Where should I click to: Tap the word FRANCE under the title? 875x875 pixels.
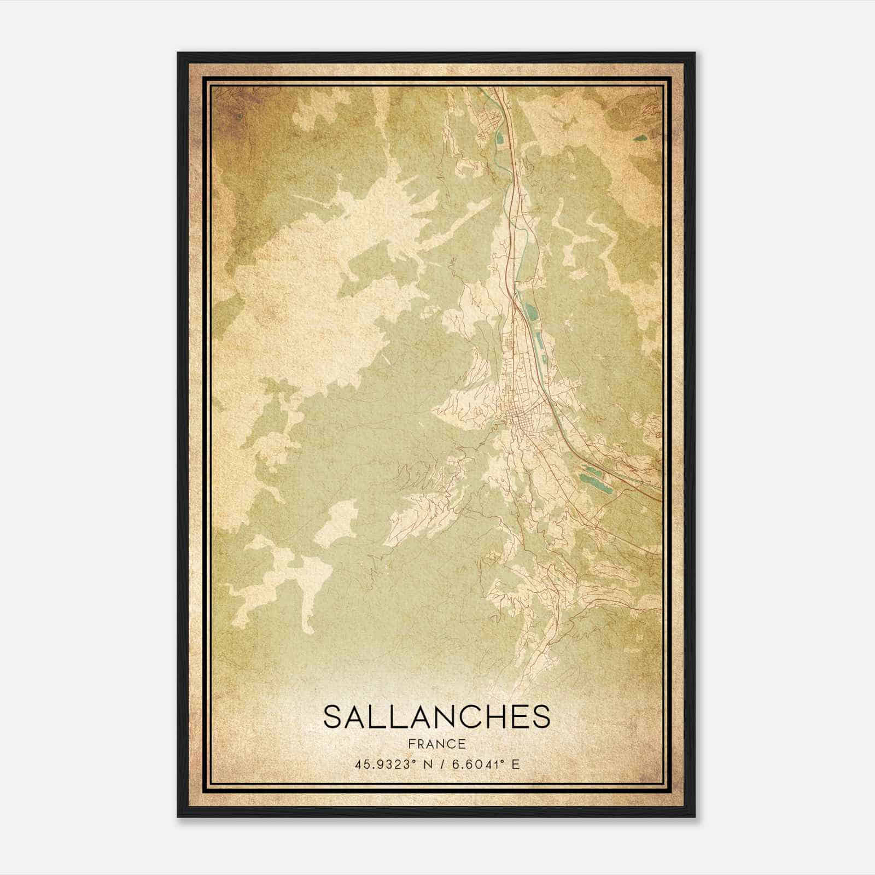coord(436,744)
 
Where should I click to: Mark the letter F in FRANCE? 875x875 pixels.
coord(411,744)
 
